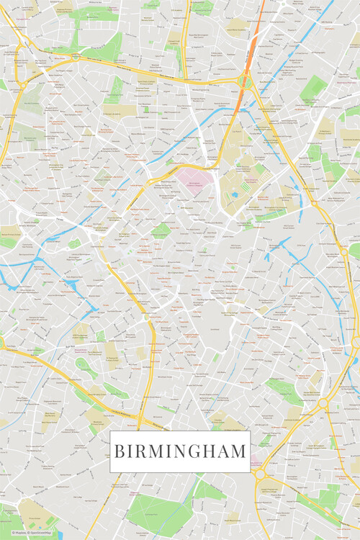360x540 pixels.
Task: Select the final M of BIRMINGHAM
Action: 239,452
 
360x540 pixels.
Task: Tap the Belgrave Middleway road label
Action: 173,425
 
